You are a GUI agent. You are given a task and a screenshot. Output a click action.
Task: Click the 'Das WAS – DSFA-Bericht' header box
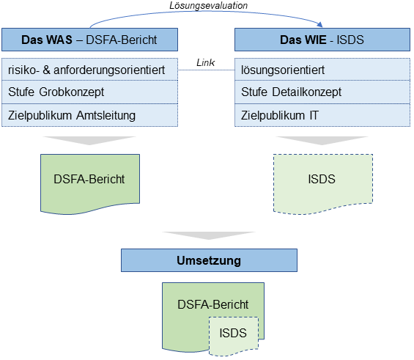90,39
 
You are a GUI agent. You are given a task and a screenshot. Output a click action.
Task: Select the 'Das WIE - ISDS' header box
322,39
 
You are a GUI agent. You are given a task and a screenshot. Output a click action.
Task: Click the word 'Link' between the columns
206,64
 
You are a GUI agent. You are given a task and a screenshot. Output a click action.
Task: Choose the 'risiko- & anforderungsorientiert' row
90,70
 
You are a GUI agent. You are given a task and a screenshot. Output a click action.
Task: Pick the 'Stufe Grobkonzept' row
90,92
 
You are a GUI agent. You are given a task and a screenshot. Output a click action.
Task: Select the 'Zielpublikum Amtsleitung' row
90,115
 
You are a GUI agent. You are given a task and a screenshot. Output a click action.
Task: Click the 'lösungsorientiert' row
322,70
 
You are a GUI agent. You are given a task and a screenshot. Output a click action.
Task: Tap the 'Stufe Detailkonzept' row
322,92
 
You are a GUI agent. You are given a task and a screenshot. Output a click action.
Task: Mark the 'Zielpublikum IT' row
322,115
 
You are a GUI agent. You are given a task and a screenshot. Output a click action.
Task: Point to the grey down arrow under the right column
322,141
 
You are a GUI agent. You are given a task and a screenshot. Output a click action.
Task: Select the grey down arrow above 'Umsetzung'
208,236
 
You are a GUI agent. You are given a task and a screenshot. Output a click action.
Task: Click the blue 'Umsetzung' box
209,260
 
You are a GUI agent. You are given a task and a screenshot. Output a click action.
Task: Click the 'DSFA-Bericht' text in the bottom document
212,304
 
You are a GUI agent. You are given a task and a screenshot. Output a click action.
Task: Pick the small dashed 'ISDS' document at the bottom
234,334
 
